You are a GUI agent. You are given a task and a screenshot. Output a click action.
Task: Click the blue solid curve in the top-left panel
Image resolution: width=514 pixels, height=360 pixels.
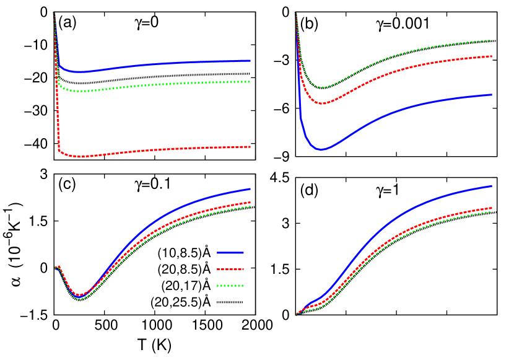pos(155,64)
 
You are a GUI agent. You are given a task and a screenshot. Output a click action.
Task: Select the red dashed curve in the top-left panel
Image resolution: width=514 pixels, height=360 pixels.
pos(155,150)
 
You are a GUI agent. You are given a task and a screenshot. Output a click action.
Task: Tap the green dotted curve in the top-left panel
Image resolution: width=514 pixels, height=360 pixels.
pos(155,85)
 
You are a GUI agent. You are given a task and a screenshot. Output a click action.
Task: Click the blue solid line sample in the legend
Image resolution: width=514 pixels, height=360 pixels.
pos(230,253)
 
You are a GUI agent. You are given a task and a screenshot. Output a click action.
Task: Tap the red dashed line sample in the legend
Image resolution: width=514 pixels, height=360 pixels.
pos(230,270)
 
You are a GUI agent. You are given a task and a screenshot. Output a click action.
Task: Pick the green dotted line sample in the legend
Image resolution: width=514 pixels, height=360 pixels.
pos(230,286)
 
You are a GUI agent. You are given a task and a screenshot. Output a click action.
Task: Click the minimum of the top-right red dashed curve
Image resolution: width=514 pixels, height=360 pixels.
pos(323,103)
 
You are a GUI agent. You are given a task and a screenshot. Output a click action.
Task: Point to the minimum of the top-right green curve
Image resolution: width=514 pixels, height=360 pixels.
pos(321,87)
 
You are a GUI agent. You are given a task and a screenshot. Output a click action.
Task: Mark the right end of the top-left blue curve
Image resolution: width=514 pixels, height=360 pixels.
pos(250,61)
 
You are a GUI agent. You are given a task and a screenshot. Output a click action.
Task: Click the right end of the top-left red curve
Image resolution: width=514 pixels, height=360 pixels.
pos(250,147)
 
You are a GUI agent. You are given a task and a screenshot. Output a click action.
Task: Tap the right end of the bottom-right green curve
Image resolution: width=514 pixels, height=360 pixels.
pos(491,212)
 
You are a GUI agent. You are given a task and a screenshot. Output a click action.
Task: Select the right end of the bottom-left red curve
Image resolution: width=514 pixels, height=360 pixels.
pos(250,203)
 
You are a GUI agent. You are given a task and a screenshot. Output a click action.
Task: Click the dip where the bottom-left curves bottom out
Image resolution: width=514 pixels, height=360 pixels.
pos(79,297)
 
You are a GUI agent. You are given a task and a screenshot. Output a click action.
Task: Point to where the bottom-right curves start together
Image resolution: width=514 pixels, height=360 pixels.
pos(297,314)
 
